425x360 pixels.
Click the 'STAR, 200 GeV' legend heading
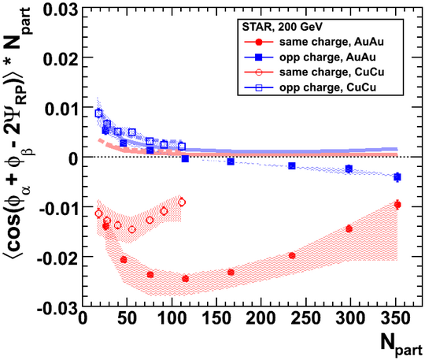282,27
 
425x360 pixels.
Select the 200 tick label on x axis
261,318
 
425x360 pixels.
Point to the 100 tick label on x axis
172,318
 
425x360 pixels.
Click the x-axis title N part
401,345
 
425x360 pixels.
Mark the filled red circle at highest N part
397,205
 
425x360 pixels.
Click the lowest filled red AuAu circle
186,279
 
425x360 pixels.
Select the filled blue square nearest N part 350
397,177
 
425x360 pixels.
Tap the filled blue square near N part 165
231,161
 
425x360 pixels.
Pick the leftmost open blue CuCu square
98,113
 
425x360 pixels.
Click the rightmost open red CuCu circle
182,202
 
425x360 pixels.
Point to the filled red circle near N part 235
292,255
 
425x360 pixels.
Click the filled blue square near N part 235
292,165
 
